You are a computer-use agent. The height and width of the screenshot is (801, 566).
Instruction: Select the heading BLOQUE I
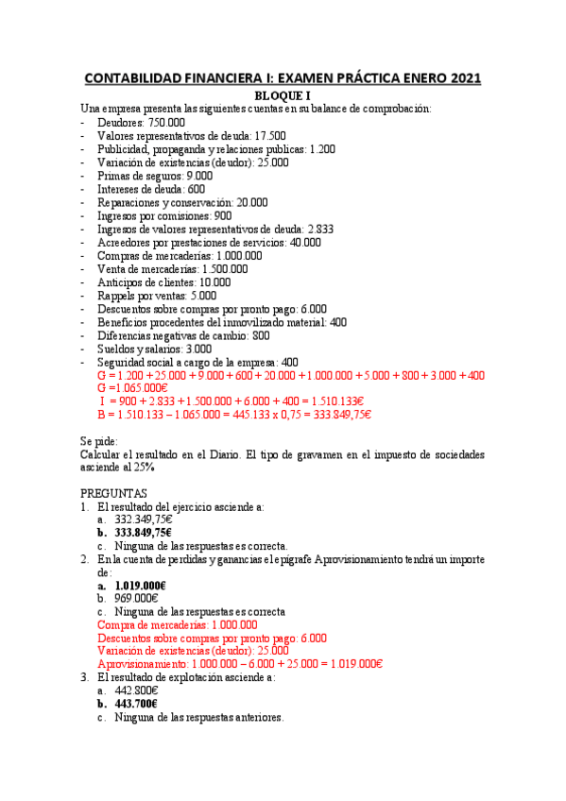point(283,95)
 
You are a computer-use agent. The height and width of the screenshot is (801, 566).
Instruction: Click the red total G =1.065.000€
point(132,388)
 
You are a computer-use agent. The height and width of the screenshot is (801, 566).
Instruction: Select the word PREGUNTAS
point(113,493)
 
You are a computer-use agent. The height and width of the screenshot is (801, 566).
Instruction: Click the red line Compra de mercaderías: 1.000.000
point(177,624)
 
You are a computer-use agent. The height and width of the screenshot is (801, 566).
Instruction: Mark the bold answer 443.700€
point(136,704)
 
